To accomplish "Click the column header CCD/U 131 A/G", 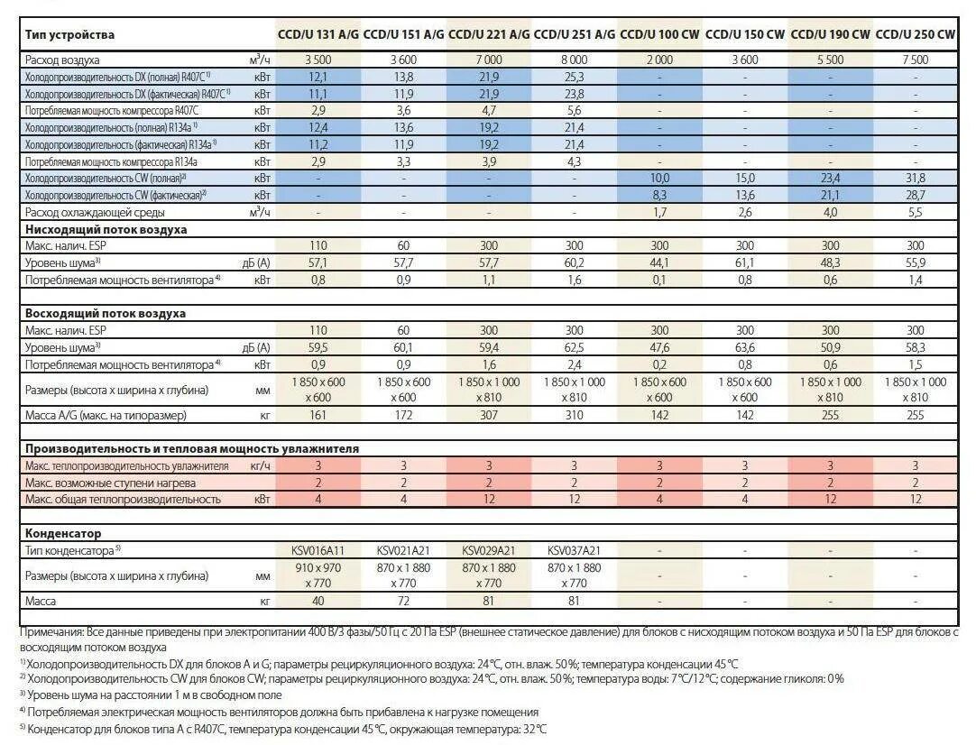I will [x=318, y=35].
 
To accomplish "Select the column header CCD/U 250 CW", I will [x=916, y=35].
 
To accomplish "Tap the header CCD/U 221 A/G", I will [x=489, y=35].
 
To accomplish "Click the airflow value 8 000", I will [x=575, y=60].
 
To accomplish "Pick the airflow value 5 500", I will [x=830, y=60].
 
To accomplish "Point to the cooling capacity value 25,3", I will [x=575, y=77].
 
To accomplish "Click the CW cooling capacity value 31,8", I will [x=916, y=179].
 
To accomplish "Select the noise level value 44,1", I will [x=659, y=262].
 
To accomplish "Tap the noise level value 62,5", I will [x=575, y=347].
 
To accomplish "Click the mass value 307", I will [x=489, y=415].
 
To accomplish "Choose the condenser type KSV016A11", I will [x=318, y=550].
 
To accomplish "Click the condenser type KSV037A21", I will [x=575, y=550].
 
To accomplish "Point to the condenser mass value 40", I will [x=318, y=601].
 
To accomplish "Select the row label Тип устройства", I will [x=70, y=35].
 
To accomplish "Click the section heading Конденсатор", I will [x=63, y=534].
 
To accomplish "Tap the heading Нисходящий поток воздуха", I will [x=106, y=229].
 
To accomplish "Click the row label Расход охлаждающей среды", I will [x=95, y=212].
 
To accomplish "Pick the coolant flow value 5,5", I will [x=916, y=212].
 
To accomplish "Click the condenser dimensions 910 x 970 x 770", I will [x=318, y=575].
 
